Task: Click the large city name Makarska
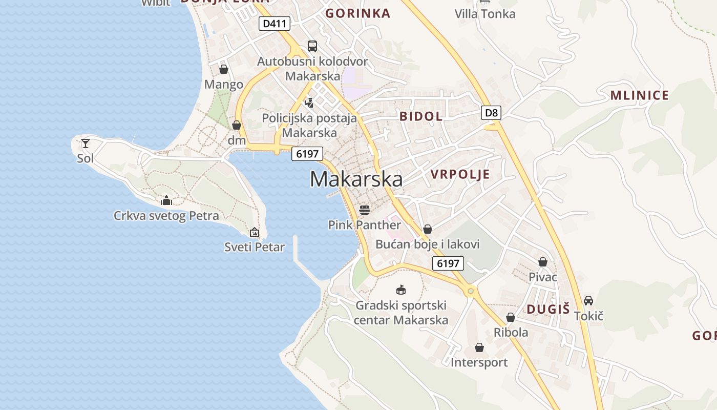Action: point(356,179)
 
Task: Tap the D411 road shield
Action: point(275,24)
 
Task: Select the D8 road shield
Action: point(491,113)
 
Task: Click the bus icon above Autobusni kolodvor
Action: point(312,46)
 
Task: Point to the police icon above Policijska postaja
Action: point(309,102)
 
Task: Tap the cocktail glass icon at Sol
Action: point(86,143)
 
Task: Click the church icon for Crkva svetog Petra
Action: point(166,200)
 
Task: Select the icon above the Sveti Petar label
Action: point(255,232)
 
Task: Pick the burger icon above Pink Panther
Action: point(365,210)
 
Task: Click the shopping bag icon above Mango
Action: point(224,69)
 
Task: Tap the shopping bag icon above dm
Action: point(237,125)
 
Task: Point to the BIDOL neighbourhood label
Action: point(421,116)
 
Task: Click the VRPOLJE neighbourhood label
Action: point(460,174)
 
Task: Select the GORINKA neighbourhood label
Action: point(358,13)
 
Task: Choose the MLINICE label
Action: point(640,95)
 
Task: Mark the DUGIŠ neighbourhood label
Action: point(548,309)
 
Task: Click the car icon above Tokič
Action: point(588,301)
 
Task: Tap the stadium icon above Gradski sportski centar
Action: point(401,290)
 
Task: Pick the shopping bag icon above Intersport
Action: point(479,348)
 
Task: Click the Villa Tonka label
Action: point(485,14)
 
